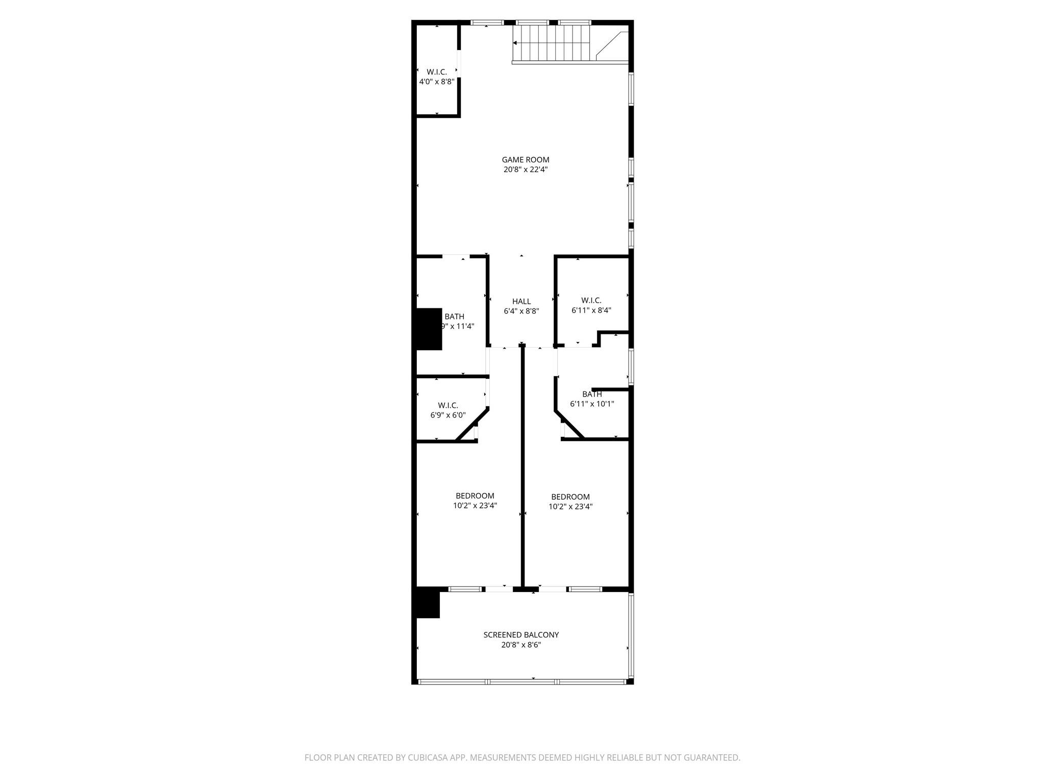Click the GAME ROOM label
[525, 160]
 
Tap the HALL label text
[521, 302]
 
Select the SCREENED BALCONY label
[521, 635]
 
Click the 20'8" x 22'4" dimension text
[525, 170]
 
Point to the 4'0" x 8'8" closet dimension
[436, 82]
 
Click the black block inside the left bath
[429, 329]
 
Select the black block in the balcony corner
[428, 603]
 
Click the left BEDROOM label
[475, 496]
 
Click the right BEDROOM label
[570, 497]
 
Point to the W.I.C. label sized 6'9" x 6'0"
[447, 405]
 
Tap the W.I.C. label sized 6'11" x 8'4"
[591, 300]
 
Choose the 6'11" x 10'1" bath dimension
[591, 404]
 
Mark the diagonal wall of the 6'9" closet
[472, 425]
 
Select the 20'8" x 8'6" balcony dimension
[521, 645]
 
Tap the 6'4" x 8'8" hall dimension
[521, 311]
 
